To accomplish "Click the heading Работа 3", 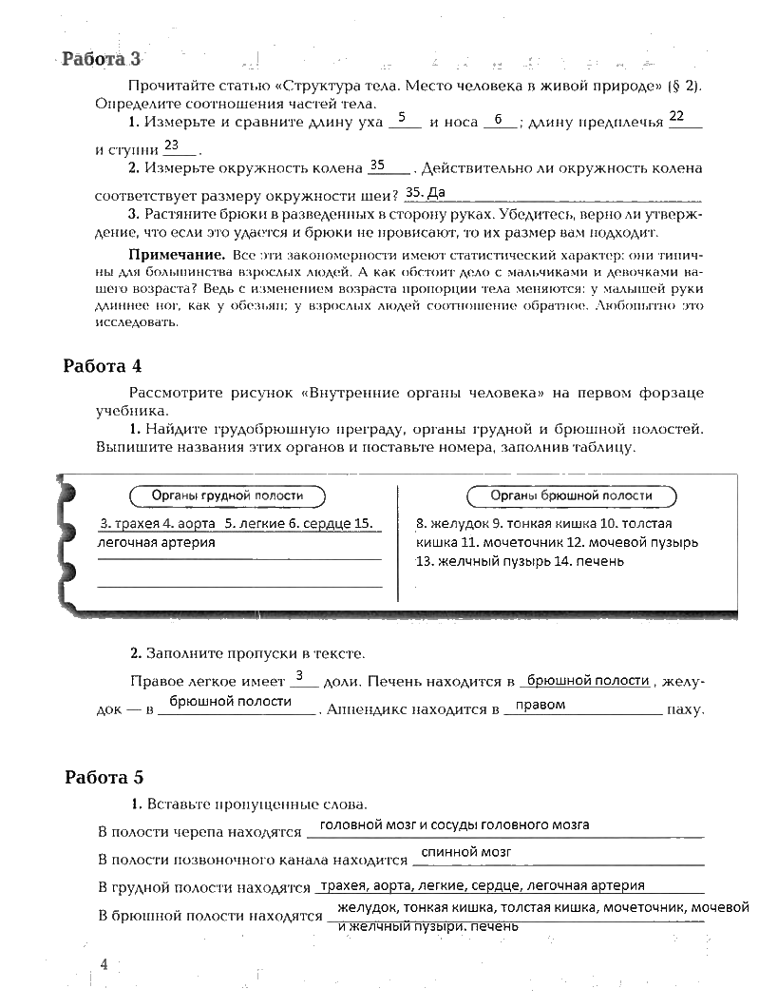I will pyautogui.click(x=102, y=59).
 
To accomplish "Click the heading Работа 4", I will pyautogui.click(x=103, y=365).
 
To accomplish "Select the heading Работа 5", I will pyautogui.click(x=104, y=777).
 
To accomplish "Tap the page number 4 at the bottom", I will pyautogui.click(x=104, y=964).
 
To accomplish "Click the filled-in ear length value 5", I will pyautogui.click(x=403, y=118).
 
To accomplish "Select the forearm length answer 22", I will pyautogui.click(x=676, y=116).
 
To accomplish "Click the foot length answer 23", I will pyautogui.click(x=172, y=145).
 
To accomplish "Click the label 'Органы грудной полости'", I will pyautogui.click(x=227, y=495).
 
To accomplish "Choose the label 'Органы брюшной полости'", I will pyautogui.click(x=571, y=495).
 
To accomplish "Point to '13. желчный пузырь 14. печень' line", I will pyautogui.click(x=520, y=561).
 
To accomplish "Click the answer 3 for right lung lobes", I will pyautogui.click(x=299, y=676).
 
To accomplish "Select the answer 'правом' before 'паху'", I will pyautogui.click(x=546, y=705).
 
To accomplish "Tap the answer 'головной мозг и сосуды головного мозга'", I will pyautogui.click(x=454, y=824).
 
